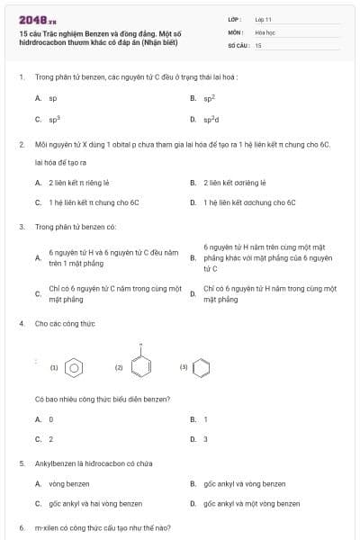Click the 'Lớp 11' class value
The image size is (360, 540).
click(x=263, y=19)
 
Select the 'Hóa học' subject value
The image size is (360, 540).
click(x=265, y=31)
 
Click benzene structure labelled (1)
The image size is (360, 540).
click(x=76, y=367)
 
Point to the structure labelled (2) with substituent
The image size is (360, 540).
click(x=140, y=365)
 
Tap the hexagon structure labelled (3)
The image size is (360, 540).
click(x=203, y=367)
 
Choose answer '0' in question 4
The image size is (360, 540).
click(x=50, y=419)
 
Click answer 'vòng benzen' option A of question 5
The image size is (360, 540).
click(x=68, y=484)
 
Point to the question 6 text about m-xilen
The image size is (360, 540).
click(x=103, y=527)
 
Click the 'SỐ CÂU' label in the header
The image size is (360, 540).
click(x=238, y=44)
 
